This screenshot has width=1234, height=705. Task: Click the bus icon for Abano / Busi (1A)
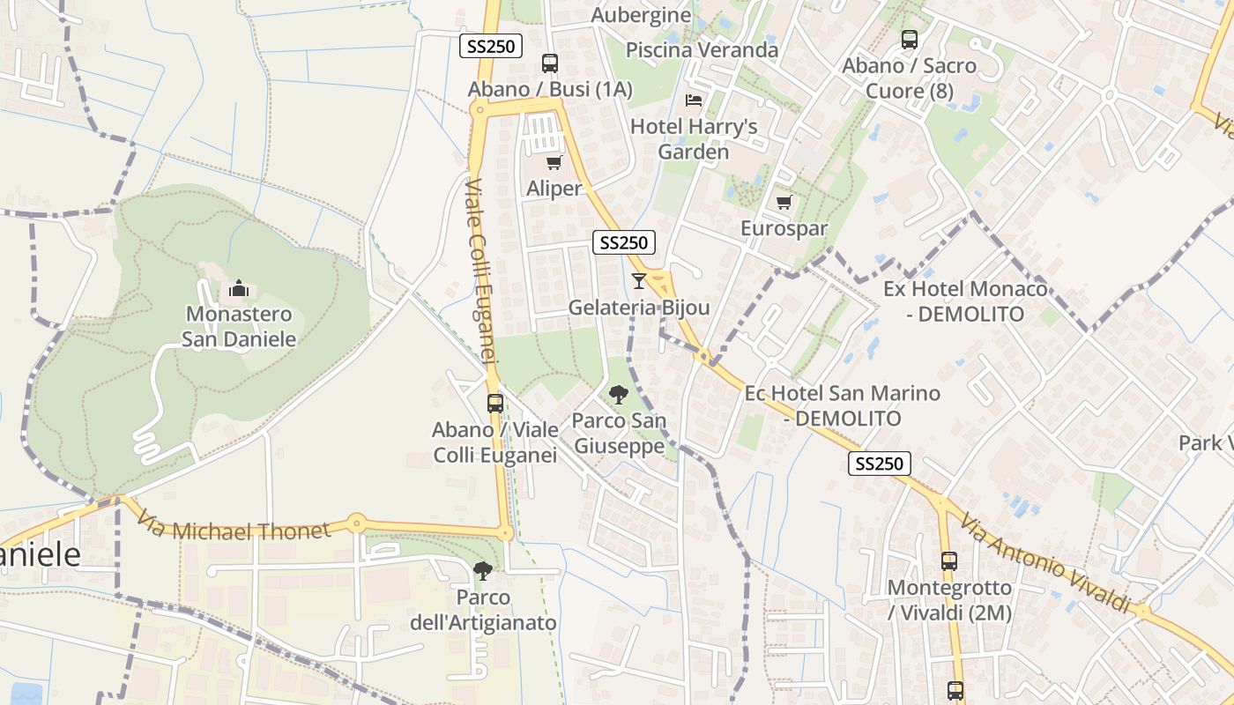click(550, 63)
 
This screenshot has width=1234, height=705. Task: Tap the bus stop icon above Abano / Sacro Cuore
click(910, 40)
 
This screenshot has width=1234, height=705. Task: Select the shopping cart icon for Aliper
click(554, 162)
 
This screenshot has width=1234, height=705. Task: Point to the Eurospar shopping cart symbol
click(784, 203)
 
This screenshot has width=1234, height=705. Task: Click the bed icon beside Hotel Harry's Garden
click(694, 100)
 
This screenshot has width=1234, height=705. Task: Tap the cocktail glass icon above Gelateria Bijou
click(639, 281)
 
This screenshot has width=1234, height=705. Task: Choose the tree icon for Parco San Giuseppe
click(619, 395)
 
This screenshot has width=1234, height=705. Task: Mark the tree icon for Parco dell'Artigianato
click(482, 571)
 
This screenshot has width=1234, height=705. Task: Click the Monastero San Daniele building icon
click(239, 288)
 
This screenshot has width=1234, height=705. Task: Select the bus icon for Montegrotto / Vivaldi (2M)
click(949, 561)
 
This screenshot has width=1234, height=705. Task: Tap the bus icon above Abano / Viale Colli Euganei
click(495, 404)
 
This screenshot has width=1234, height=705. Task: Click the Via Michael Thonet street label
click(234, 531)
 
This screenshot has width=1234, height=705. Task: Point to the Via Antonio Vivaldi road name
click(1044, 564)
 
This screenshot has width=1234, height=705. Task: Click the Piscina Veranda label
click(702, 50)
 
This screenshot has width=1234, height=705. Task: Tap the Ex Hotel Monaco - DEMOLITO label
click(966, 301)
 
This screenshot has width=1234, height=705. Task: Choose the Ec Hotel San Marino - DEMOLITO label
click(843, 405)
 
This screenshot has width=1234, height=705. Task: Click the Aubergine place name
click(641, 15)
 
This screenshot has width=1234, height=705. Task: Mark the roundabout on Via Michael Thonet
click(356, 523)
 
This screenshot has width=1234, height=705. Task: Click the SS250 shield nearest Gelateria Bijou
click(624, 242)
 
